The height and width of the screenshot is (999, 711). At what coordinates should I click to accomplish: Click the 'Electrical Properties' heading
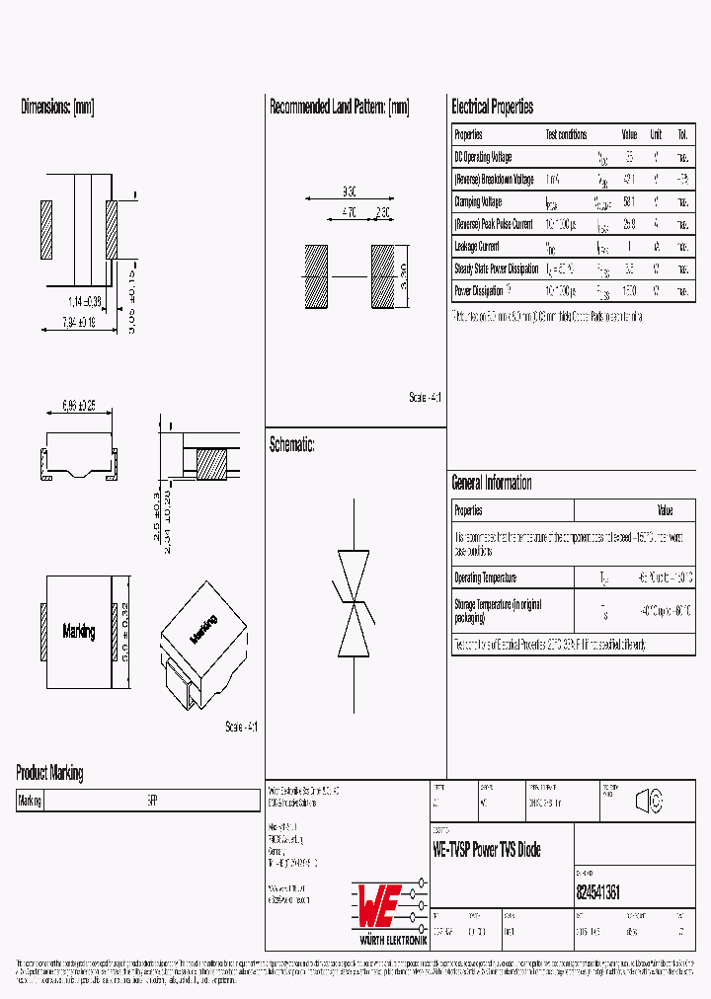492,107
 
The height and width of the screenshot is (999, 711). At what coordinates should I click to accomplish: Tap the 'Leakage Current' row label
477,247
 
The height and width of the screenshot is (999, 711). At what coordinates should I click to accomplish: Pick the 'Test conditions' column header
566,134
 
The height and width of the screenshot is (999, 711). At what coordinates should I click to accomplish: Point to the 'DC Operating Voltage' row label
483,157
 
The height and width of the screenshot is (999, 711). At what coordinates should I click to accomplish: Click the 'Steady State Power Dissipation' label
496,269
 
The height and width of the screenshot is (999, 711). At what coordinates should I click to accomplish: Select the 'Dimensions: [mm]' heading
57,107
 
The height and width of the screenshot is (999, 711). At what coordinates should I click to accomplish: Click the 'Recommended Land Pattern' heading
339,107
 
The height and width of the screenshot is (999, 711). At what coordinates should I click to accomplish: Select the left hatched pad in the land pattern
315,276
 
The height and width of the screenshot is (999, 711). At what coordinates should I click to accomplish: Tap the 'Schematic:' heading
291,445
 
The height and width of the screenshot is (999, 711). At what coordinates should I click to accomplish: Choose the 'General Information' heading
491,483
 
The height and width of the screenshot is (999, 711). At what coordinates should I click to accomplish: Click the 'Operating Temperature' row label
485,577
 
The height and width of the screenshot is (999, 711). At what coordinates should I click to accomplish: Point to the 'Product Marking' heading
49,773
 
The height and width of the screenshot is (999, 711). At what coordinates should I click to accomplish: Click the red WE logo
376,901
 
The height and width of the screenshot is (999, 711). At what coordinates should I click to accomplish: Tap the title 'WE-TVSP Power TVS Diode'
487,850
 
